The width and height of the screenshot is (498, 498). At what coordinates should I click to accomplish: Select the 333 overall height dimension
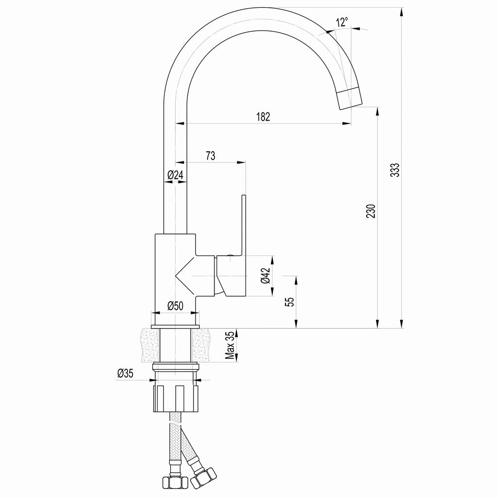pos(396,169)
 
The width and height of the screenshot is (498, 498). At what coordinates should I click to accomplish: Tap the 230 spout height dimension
pos(371,212)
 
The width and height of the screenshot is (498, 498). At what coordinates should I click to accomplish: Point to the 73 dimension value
pos(211,156)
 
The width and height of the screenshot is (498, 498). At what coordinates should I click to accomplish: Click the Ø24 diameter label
pos(175,176)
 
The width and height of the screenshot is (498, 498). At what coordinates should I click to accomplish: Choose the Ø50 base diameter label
pos(175,306)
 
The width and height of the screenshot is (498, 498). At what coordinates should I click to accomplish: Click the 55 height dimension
pos(290,302)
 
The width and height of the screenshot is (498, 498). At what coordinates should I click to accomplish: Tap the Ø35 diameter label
pos(125,373)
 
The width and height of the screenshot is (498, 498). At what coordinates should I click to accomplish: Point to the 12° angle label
pos(341,22)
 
